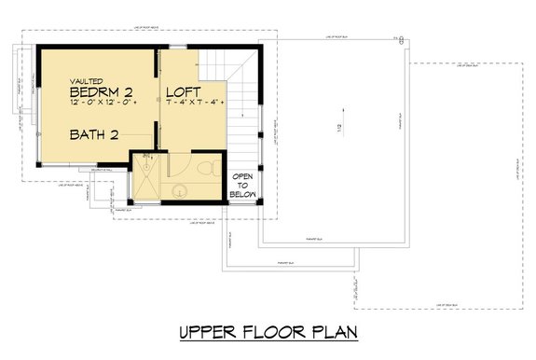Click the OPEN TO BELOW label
tap(244, 186)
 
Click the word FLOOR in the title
tap(271, 332)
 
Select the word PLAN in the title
tap(334, 332)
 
